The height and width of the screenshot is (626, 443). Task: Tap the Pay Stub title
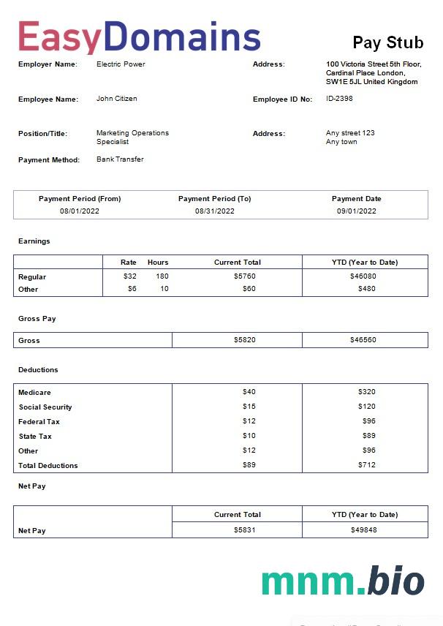click(387, 42)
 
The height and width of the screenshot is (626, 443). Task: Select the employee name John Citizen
click(117, 99)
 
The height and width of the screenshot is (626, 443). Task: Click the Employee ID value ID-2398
click(339, 99)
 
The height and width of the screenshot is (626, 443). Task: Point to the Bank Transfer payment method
click(120, 159)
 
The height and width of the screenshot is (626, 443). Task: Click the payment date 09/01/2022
click(356, 211)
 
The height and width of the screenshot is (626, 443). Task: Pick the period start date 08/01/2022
click(80, 211)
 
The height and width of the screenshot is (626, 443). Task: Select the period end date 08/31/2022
click(214, 211)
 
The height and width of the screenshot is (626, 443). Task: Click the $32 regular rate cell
click(130, 276)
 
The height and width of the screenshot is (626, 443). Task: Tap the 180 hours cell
click(162, 276)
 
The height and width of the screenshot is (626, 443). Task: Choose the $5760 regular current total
click(244, 276)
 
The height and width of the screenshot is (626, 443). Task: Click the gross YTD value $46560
click(363, 340)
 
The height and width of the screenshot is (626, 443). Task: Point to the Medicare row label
click(34, 393)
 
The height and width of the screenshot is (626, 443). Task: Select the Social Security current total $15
click(249, 407)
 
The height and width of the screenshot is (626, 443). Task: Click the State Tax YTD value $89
click(368, 436)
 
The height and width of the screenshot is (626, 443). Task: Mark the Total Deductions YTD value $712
click(366, 465)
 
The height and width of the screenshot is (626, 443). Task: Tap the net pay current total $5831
click(244, 529)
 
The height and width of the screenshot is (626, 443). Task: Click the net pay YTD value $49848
click(363, 529)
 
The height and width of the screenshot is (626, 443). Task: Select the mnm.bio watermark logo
click(342, 581)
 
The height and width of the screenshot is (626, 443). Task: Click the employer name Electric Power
click(121, 64)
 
